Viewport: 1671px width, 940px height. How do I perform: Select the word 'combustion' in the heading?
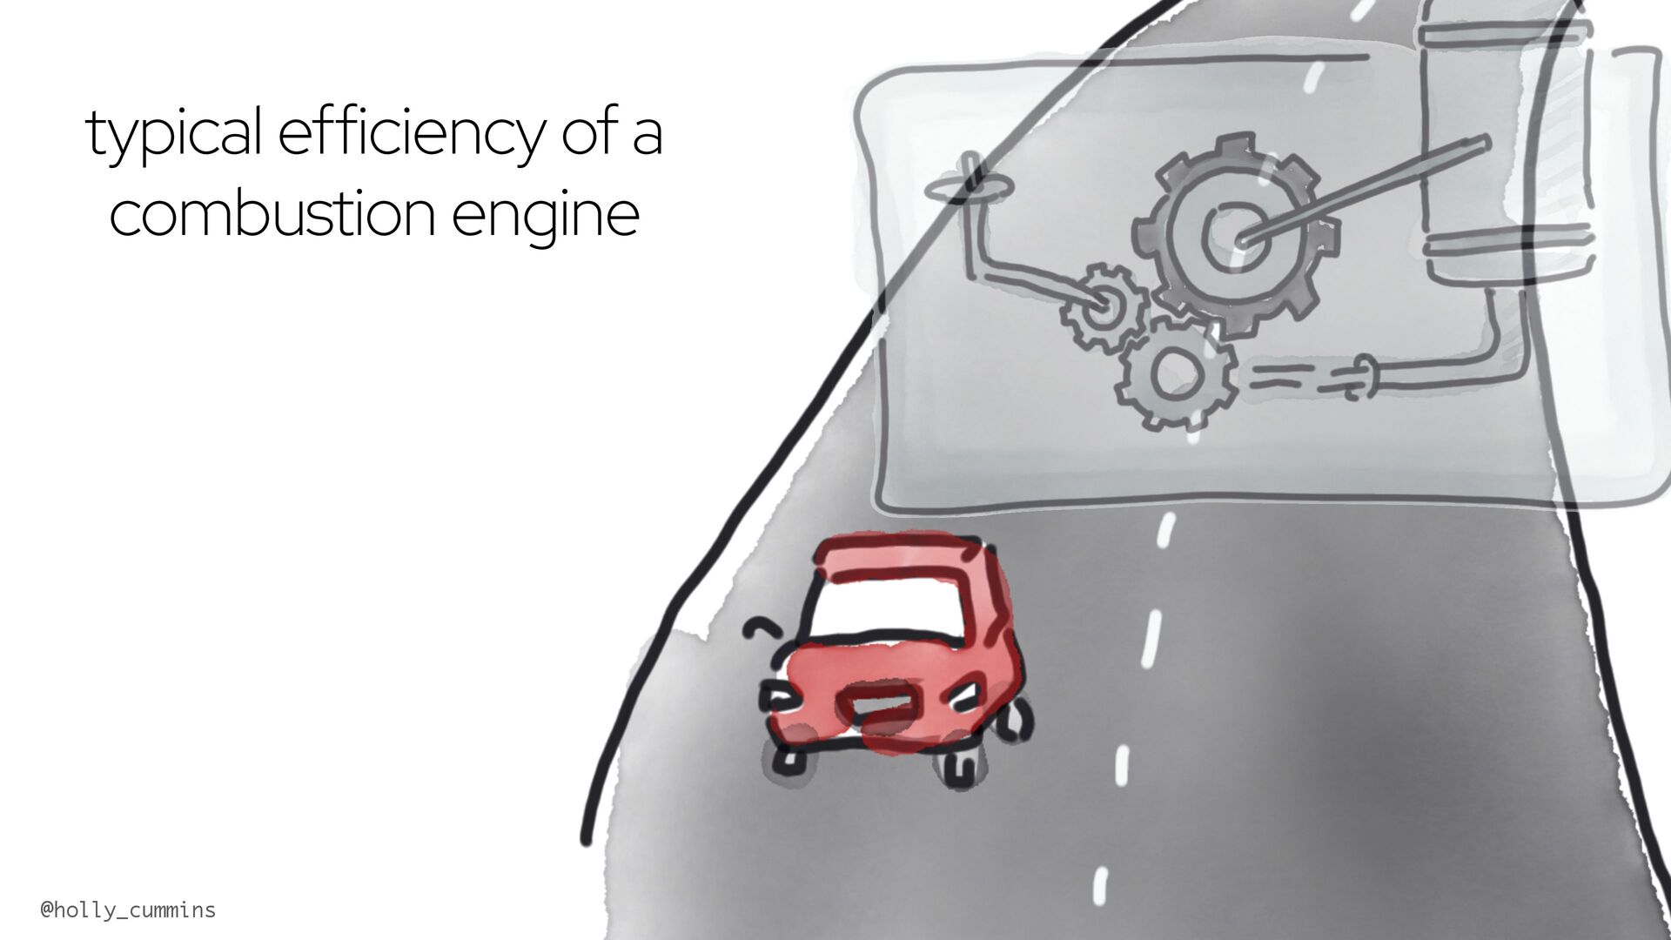pyautogui.click(x=272, y=214)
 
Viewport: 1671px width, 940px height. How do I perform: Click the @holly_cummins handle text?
pyautogui.click(x=128, y=910)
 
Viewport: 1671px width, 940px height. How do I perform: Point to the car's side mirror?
pyautogui.click(x=763, y=628)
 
